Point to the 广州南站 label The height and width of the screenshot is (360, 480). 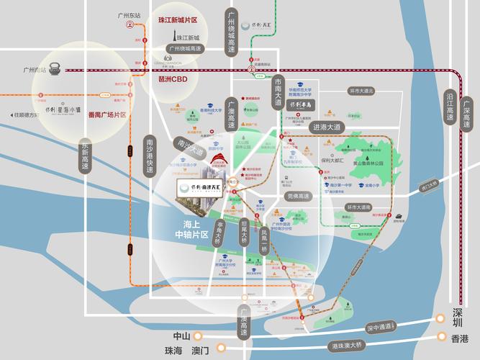33,70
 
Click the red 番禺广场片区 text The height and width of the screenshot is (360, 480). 106,114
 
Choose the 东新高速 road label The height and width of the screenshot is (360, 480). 85,154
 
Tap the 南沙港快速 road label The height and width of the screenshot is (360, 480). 150,154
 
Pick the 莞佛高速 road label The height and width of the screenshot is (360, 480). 298,196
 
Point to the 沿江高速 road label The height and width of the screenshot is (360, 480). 450,108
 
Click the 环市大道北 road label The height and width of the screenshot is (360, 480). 362,91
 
